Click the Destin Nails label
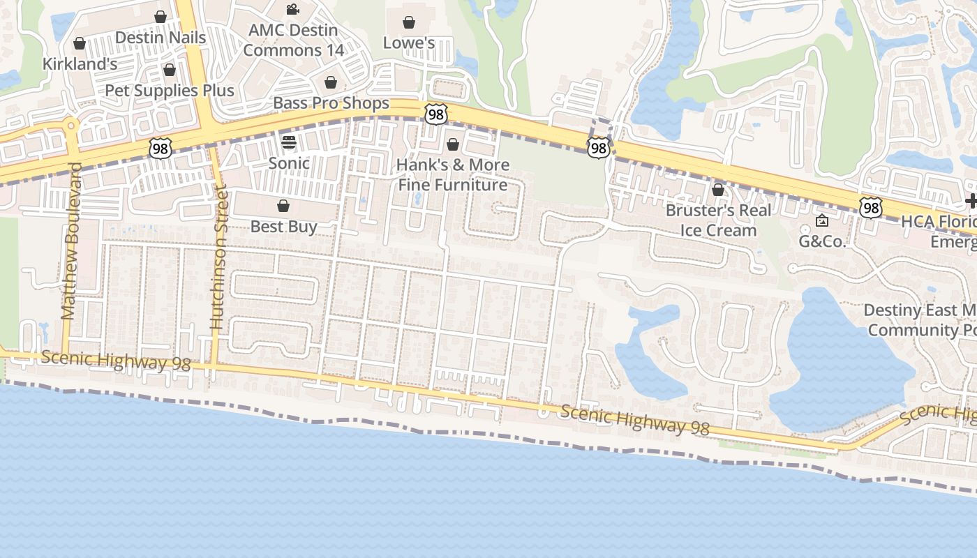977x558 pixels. [161, 38]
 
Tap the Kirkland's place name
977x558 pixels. [80, 63]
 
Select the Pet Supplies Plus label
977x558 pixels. [170, 90]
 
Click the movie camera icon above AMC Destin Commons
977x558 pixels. [293, 10]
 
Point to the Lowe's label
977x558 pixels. [409, 43]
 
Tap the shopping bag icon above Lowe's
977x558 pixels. [409, 22]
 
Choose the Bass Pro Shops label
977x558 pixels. [331, 103]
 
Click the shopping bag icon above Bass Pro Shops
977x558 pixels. [331, 82]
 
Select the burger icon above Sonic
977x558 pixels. [289, 142]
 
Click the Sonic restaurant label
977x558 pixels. [289, 163]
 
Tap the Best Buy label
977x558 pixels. [283, 226]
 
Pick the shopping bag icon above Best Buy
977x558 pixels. [283, 206]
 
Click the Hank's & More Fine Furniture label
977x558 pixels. [453, 174]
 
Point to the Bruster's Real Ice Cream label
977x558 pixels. [718, 220]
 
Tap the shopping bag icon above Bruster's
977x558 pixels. [718, 190]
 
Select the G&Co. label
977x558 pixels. [822, 241]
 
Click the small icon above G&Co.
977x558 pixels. [822, 221]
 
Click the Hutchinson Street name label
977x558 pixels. [218, 257]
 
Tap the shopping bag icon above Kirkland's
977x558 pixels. [80, 43]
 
